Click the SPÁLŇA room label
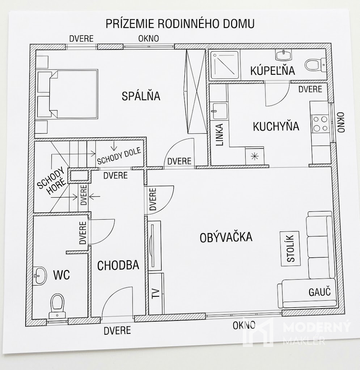pyautogui.click(x=141, y=96)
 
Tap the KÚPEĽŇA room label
pyautogui.click(x=272, y=70)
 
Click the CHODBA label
pyautogui.click(x=118, y=266)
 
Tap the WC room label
pyautogui.click(x=62, y=275)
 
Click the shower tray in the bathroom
pyautogui.click(x=225, y=65)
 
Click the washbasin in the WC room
pyautogui.click(x=40, y=276)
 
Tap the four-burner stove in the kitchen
pyautogui.click(x=320, y=124)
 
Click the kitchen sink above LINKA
pyautogui.click(x=220, y=111)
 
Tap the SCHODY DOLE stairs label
pyautogui.click(x=119, y=156)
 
